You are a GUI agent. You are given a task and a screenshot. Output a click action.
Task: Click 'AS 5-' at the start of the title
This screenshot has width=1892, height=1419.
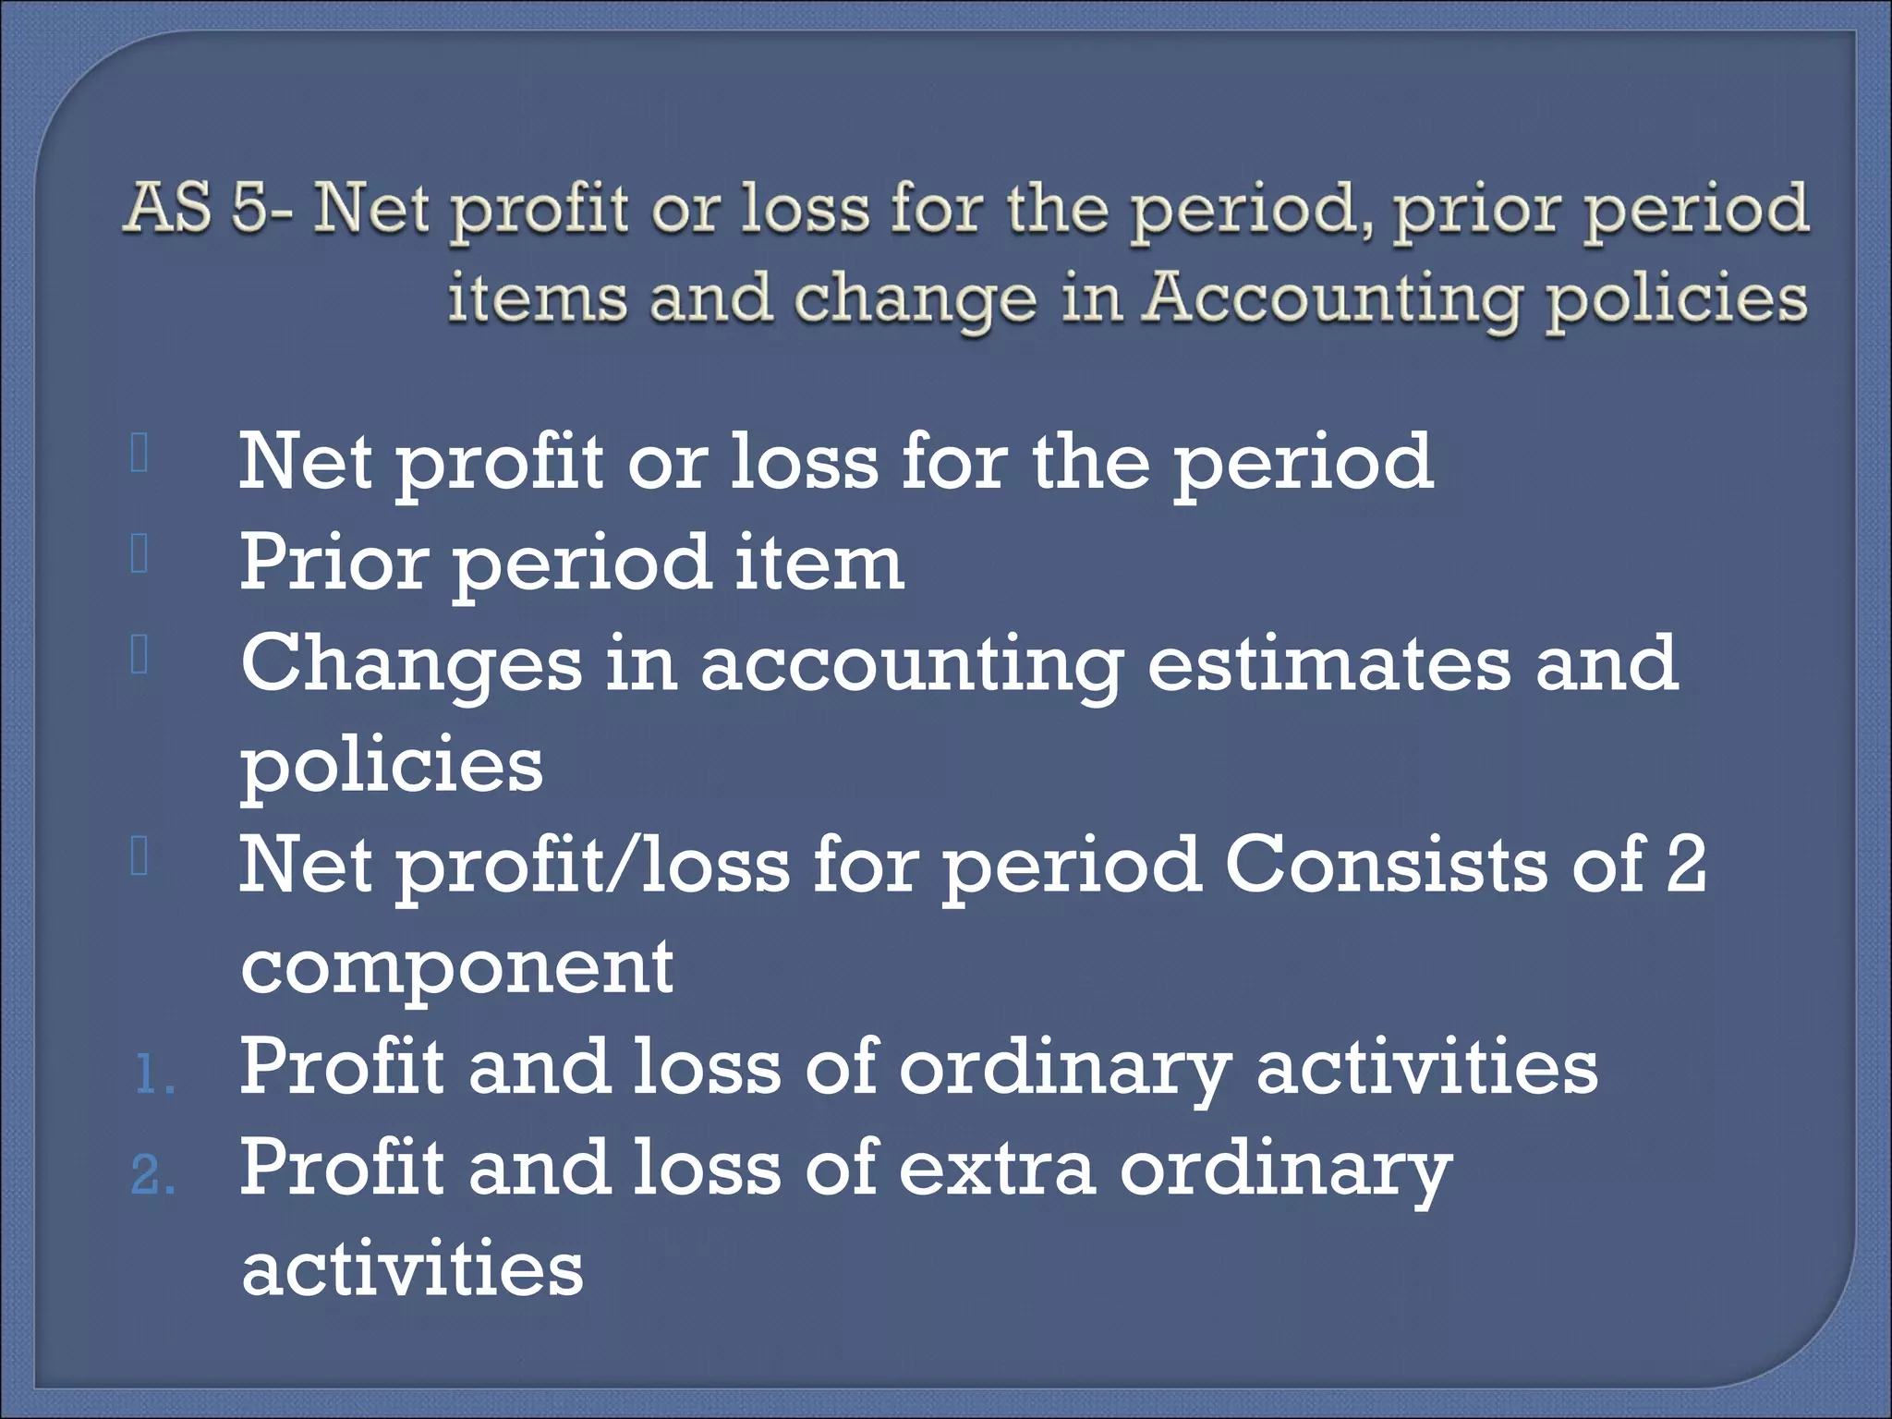[211, 207]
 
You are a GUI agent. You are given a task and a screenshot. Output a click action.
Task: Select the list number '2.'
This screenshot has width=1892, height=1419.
[153, 1176]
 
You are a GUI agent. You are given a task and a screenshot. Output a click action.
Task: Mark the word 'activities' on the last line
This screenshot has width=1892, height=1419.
[412, 1267]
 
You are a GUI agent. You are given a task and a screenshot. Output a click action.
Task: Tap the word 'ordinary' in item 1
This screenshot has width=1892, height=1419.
[1066, 1068]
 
